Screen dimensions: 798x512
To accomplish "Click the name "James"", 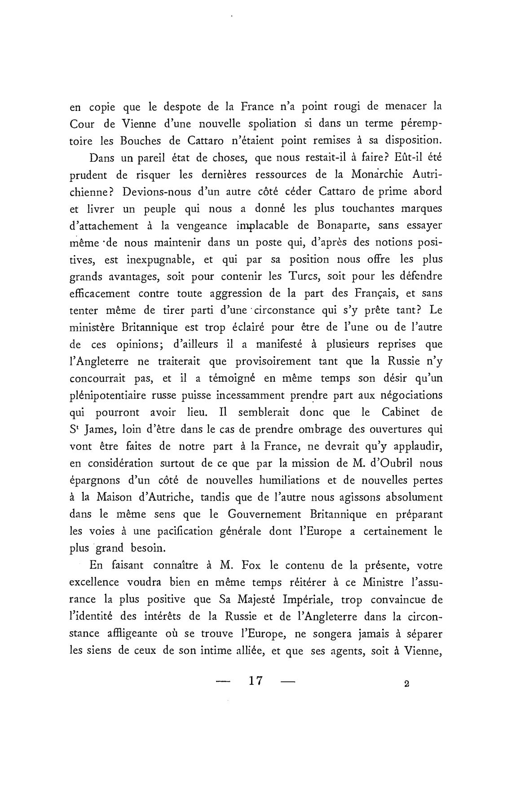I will click(x=101, y=430).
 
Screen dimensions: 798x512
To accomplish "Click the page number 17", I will click(x=255, y=681).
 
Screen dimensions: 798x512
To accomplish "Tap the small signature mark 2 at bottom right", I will click(x=406, y=684).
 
